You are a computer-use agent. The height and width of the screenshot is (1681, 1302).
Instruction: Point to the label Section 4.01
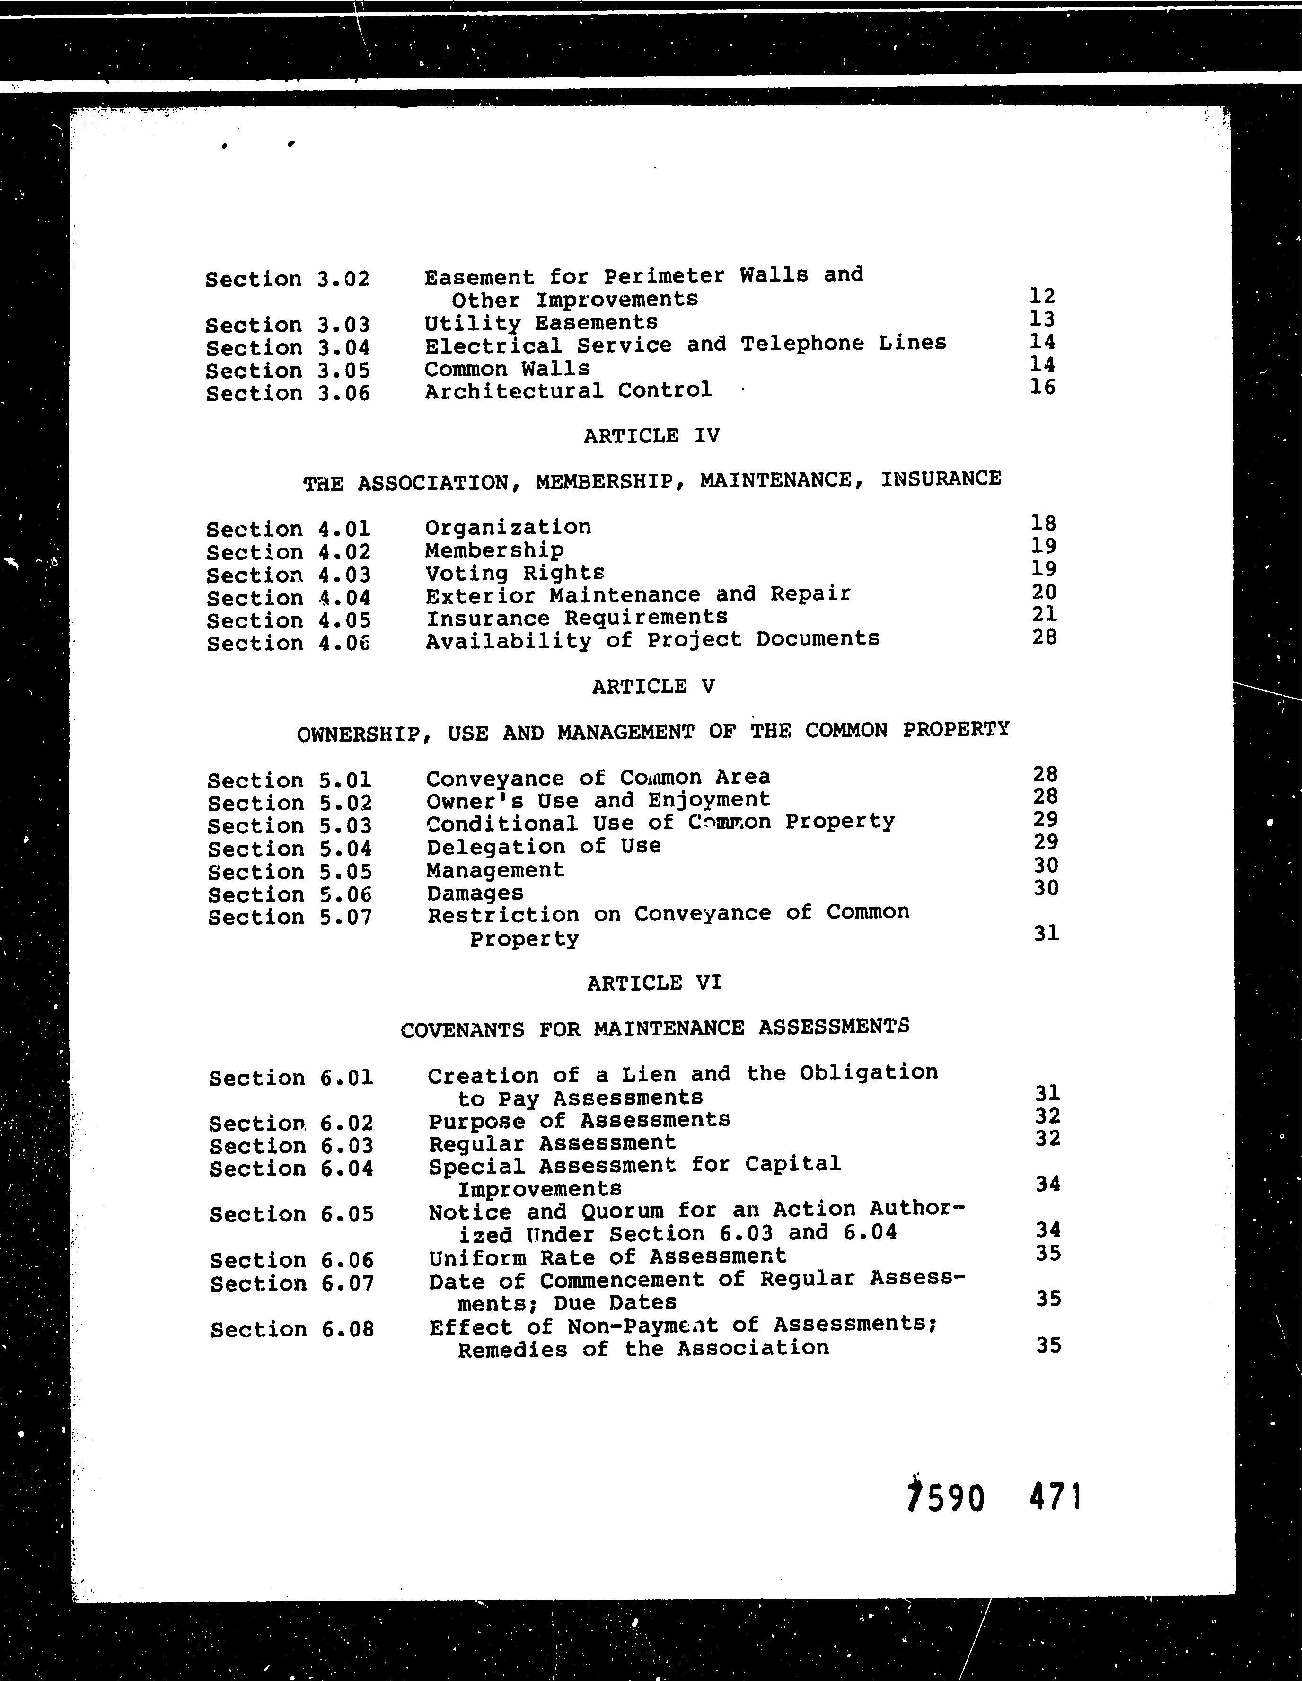(289, 530)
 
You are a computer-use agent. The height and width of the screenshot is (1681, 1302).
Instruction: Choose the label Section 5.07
(290, 918)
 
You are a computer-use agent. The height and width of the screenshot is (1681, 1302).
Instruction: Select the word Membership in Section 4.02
(494, 550)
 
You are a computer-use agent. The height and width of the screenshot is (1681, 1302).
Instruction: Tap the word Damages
(475, 893)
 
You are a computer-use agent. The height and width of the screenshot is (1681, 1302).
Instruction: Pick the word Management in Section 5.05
(495, 870)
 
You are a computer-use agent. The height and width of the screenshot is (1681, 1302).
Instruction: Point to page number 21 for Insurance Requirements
(1044, 614)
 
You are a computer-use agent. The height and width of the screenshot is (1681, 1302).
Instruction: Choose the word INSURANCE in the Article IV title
(941, 479)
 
